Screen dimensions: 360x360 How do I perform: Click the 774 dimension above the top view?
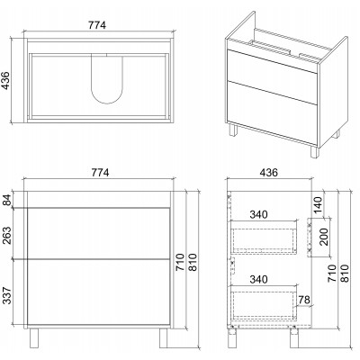click(97, 25)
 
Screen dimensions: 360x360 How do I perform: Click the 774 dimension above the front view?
click(100, 173)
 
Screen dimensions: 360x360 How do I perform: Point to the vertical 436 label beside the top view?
click(6, 80)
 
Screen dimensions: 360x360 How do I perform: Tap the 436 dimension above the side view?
click(269, 173)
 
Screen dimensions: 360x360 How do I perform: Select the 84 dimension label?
click(6, 200)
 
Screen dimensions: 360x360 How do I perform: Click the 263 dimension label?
click(6, 235)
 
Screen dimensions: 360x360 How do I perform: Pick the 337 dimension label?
click(6, 295)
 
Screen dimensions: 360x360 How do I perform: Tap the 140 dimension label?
click(319, 205)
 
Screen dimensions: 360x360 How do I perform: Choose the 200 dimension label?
click(324, 237)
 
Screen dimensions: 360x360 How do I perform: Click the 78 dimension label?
click(303, 300)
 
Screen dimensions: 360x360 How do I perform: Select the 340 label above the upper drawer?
click(258, 214)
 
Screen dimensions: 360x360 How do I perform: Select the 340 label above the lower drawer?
click(258, 279)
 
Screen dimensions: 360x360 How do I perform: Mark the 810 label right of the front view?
click(193, 263)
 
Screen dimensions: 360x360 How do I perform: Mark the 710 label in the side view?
click(332, 273)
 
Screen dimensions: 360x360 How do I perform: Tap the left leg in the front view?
click(34, 337)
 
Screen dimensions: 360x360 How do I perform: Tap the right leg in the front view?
click(164, 337)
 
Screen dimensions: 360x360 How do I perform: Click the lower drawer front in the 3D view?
click(272, 112)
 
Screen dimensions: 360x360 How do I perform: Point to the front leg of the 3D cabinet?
click(314, 152)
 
